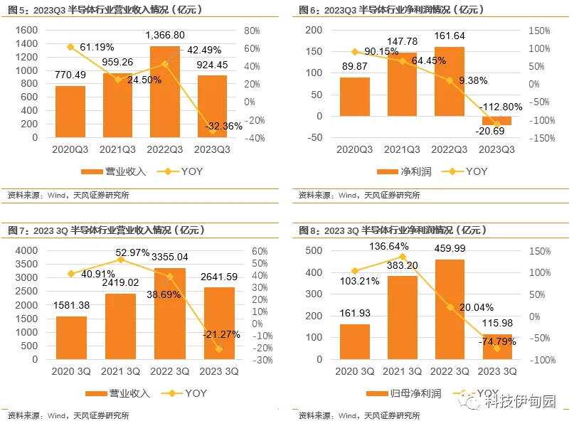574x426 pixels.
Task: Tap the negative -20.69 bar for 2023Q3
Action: point(496,121)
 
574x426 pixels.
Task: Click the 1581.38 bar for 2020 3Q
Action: point(70,338)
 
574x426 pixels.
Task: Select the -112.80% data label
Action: point(501,107)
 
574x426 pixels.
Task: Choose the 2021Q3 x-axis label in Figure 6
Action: point(401,150)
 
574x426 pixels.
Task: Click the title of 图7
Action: point(107,230)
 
